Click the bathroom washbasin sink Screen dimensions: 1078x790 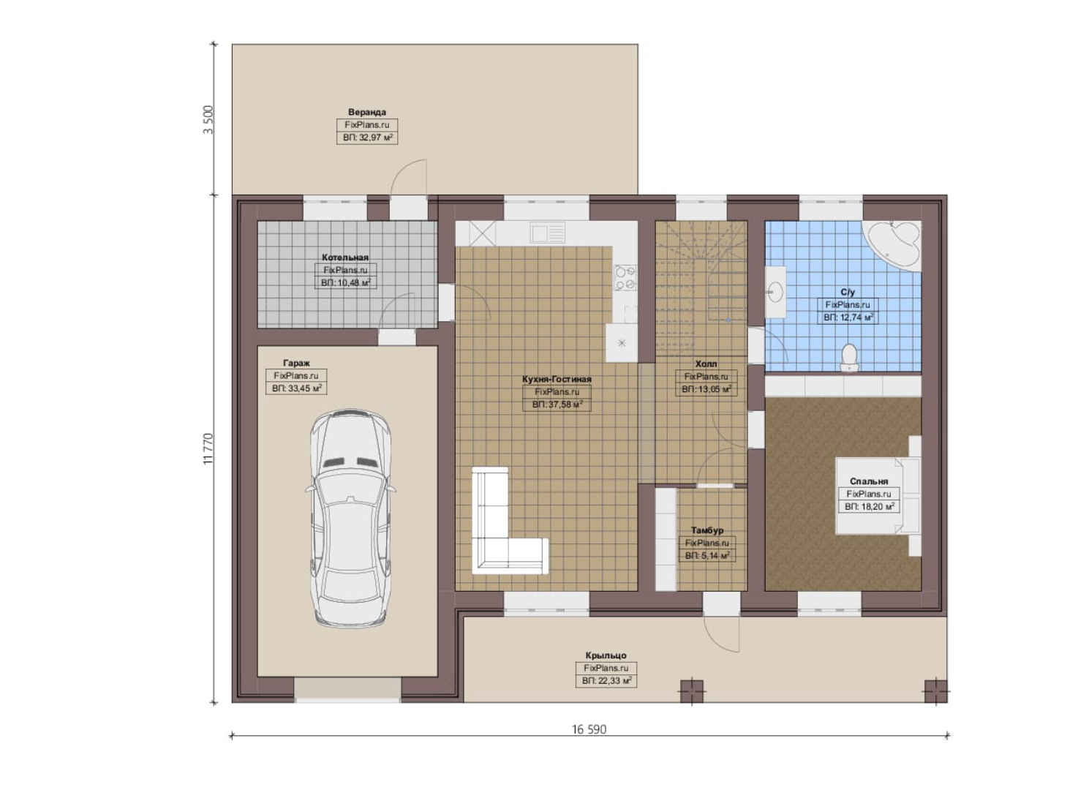[775, 292]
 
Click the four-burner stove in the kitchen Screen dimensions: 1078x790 [625, 279]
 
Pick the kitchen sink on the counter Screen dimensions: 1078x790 [547, 233]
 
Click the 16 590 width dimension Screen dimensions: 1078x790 [589, 729]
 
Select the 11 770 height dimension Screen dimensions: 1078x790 [208, 448]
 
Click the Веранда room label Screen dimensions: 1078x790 [366, 112]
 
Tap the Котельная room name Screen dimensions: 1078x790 [345, 257]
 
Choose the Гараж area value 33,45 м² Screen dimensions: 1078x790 [296, 388]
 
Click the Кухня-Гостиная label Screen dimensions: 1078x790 [557, 379]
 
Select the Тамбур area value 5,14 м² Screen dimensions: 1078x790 [707, 555]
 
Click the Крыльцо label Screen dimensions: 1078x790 [606, 655]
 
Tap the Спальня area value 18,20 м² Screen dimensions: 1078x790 [869, 506]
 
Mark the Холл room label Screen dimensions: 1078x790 [706, 364]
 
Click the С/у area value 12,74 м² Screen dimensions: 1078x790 [848, 317]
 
